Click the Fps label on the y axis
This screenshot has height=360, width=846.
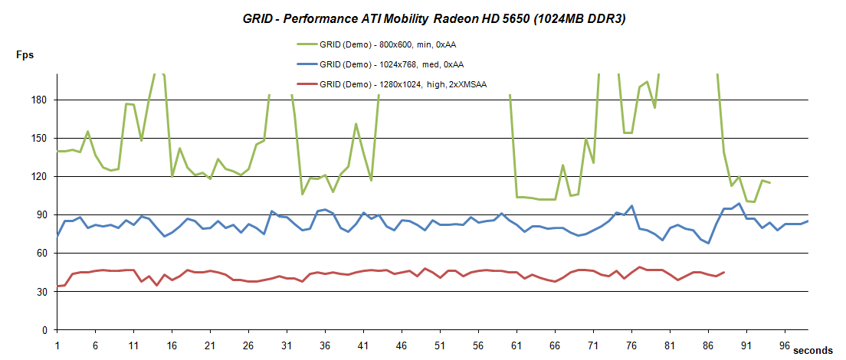point(25,55)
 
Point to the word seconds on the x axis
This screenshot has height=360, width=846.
point(813,350)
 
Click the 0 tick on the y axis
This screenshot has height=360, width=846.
point(47,330)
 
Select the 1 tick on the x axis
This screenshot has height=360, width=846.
point(57,345)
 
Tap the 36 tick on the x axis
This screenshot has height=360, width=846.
point(325,345)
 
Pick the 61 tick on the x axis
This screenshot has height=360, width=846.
point(516,345)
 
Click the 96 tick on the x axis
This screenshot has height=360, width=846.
point(785,345)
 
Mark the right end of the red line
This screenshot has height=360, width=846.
point(723,272)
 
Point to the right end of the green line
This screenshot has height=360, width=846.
point(769,183)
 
